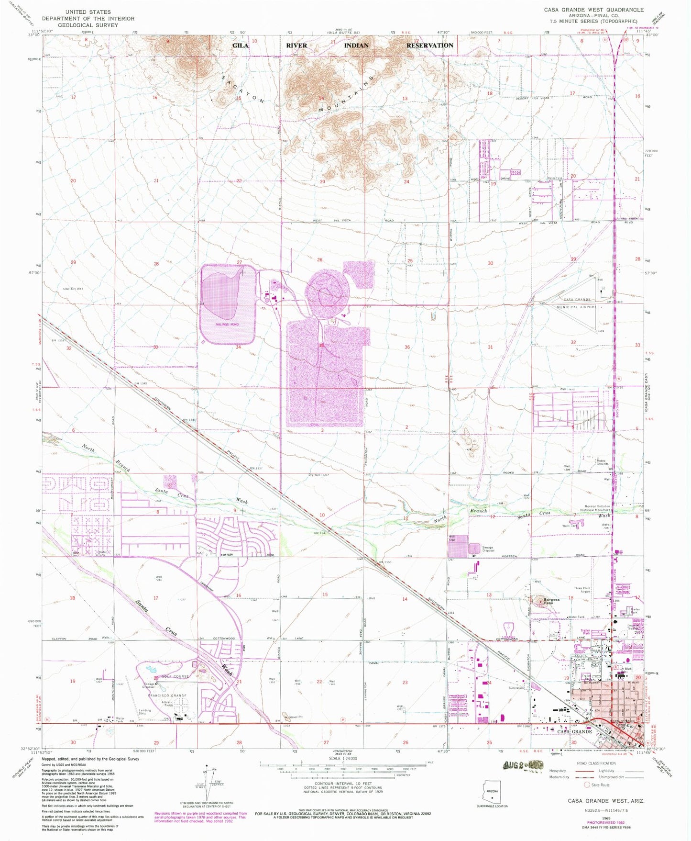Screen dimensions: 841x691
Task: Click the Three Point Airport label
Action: (582, 590)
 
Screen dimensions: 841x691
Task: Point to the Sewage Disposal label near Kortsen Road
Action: (487, 549)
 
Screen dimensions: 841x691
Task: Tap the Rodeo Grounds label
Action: (602, 462)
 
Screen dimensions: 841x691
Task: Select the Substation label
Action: (516, 688)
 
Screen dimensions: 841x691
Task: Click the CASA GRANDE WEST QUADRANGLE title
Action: (593, 10)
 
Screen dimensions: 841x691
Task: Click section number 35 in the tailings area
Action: (322, 345)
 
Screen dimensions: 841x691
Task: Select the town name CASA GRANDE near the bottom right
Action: (575, 731)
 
